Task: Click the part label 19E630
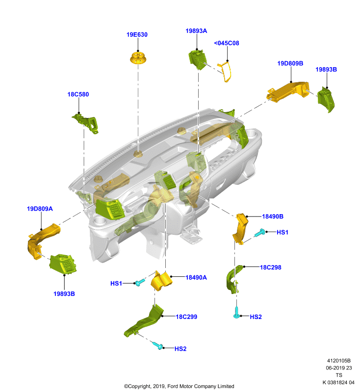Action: point(137,34)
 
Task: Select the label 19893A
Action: point(196,31)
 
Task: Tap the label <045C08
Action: point(227,43)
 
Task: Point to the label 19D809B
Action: point(290,63)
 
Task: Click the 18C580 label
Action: point(78,94)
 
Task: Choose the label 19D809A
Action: point(40,209)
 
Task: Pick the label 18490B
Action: point(273,216)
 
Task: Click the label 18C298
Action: point(271,267)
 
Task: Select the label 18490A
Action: point(196,277)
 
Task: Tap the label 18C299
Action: point(186,317)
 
